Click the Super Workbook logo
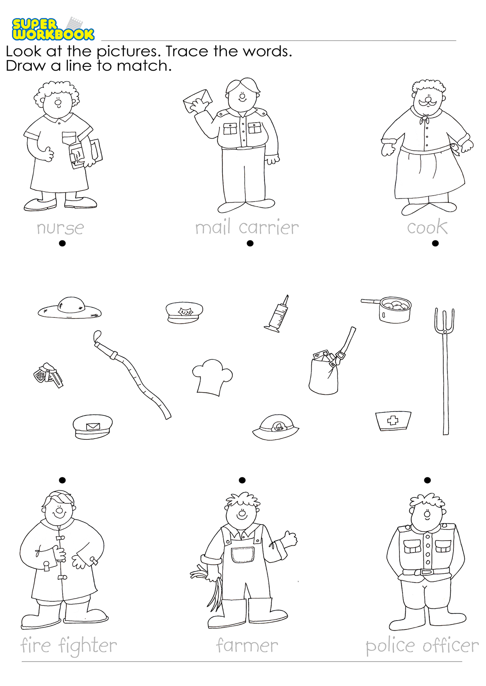pyautogui.click(x=53, y=29)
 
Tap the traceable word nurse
pyautogui.click(x=60, y=228)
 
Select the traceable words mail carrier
pyautogui.click(x=247, y=227)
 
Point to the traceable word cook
pyautogui.click(x=427, y=227)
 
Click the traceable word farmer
pyautogui.click(x=247, y=645)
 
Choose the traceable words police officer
pyautogui.click(x=422, y=646)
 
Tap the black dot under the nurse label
pyautogui.click(x=62, y=243)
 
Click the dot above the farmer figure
pyautogui.click(x=242, y=480)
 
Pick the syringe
pyautogui.click(x=277, y=314)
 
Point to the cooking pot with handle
pyautogui.click(x=388, y=309)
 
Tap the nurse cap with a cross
pyautogui.click(x=393, y=421)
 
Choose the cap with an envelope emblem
pyautogui.click(x=92, y=426)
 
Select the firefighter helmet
pyautogui.click(x=276, y=427)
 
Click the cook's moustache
pyautogui.click(x=427, y=103)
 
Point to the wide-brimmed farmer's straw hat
pyautogui.click(x=70, y=308)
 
